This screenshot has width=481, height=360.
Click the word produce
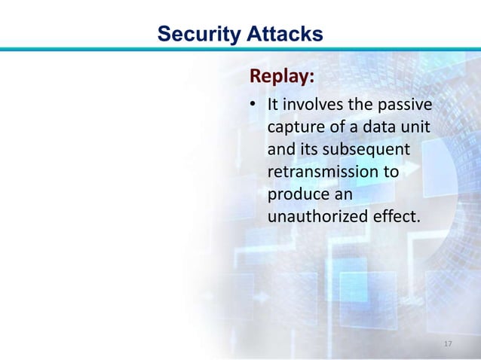pyautogui.click(x=297, y=194)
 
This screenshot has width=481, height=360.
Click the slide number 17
pyautogui.click(x=449, y=344)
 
